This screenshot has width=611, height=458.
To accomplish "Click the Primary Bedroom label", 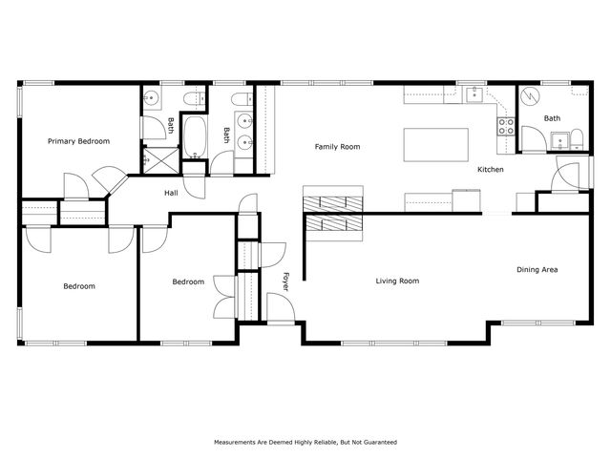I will tap(79, 141).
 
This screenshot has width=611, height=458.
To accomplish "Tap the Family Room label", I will tap(337, 147).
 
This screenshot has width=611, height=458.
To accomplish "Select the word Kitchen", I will tap(491, 170).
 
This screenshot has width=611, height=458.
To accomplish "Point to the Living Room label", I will tap(397, 281).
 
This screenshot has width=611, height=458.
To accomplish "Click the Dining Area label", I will tap(537, 270).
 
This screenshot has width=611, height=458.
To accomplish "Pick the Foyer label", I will tap(285, 281).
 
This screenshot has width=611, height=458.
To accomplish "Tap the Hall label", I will tap(171, 194).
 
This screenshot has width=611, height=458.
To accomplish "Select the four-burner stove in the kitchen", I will tap(506, 123).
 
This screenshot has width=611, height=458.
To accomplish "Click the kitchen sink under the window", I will tap(474, 95).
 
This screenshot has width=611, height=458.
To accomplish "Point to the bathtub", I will tap(195, 136).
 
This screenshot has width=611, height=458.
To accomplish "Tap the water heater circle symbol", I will tap(531, 96).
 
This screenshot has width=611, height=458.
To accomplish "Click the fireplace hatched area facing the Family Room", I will tap(334, 202).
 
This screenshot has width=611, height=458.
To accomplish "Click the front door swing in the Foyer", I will tap(279, 307).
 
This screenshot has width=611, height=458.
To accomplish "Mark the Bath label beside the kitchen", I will tap(553, 118).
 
